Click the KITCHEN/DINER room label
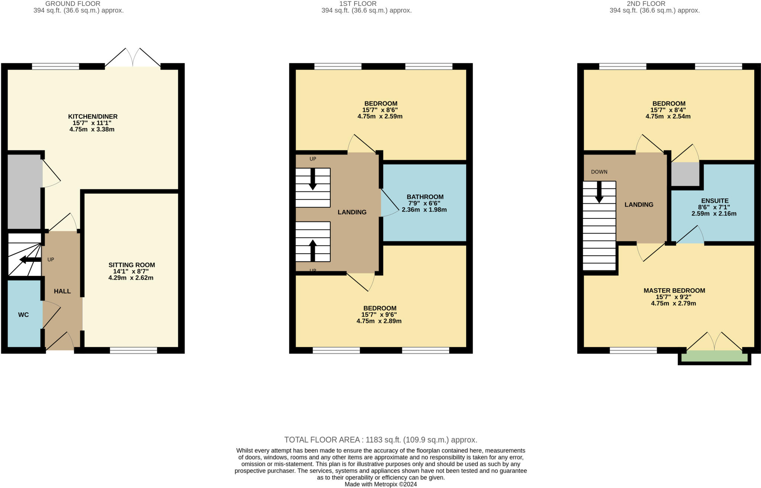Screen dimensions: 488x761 (x=93, y=117)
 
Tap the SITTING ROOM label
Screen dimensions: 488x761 (x=132, y=265)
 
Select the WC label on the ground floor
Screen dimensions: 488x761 (x=23, y=315)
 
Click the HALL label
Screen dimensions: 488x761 (x=62, y=291)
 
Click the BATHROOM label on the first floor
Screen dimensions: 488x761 (x=425, y=197)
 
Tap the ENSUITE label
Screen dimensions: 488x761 (x=715, y=201)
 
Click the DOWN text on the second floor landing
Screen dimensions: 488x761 (x=599, y=172)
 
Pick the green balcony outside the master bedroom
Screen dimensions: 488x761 (x=714, y=357)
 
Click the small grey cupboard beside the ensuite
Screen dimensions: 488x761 (x=685, y=174)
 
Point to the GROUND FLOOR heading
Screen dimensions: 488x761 (x=73, y=4)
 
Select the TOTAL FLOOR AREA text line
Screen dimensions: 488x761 (x=380, y=440)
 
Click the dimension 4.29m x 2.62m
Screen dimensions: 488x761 (x=131, y=278)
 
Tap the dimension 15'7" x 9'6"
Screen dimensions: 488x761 (x=379, y=315)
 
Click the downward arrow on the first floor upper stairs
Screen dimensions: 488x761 (x=313, y=179)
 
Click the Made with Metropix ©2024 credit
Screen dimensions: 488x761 (x=380, y=484)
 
